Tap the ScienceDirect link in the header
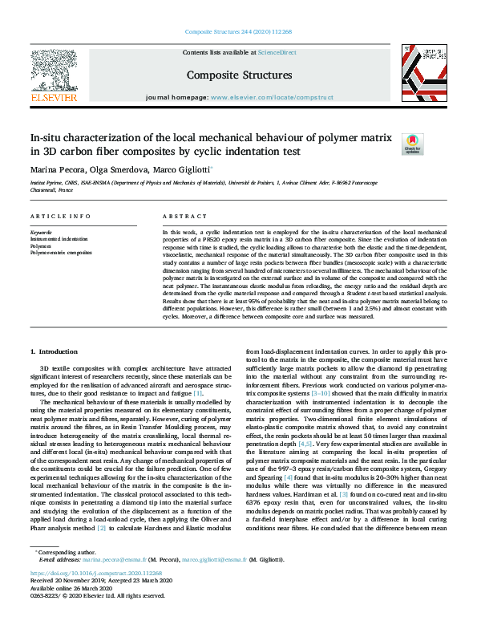[x=277, y=52]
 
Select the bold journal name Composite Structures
[x=239, y=75]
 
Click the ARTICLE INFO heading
[x=60, y=217]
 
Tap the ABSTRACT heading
[x=185, y=217]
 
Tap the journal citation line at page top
[x=239, y=31]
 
